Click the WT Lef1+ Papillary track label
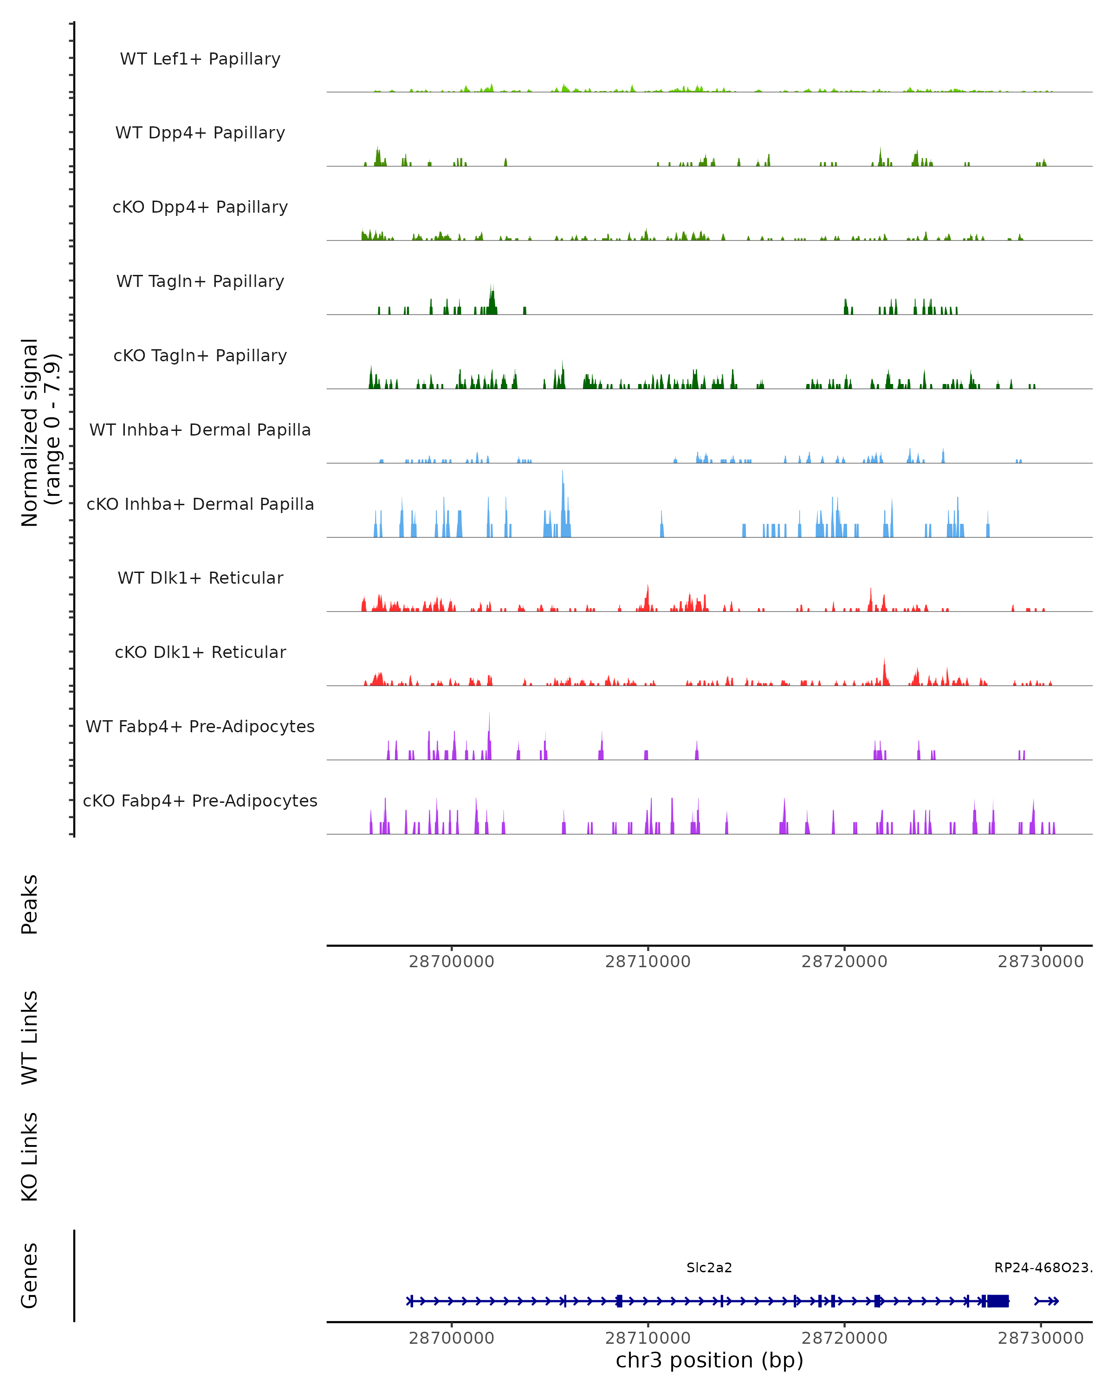coord(200,59)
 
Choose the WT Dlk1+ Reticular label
coord(200,578)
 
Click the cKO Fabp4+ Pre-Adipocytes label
coord(200,801)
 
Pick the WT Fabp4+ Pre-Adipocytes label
coord(200,726)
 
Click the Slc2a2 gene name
coord(709,1268)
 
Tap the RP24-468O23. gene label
coord(1043,1268)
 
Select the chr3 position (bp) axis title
coord(709,1360)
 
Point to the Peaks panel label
coord(30,904)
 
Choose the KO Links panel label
coord(30,1157)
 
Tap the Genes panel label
coord(30,1276)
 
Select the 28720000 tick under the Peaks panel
coord(844,962)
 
